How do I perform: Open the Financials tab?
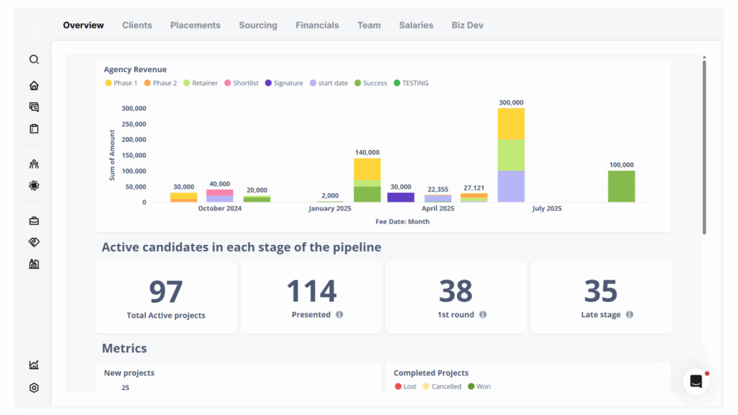[316, 25]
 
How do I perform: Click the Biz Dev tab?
[467, 25]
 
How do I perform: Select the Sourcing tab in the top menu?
[258, 25]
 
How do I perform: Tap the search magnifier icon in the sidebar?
[34, 60]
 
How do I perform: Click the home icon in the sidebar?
[34, 86]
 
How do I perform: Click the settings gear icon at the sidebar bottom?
[34, 388]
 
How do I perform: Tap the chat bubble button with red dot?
[696, 382]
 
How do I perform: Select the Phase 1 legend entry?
[121, 83]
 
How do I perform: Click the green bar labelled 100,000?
[621, 186]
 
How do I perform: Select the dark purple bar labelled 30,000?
[401, 197]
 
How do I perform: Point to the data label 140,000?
[367, 152]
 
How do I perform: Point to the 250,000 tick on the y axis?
[134, 124]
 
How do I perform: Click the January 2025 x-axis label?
[330, 208]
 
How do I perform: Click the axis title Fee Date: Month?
[402, 221]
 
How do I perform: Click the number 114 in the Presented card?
[311, 292]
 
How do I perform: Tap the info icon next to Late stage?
[629, 315]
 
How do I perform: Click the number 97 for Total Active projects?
[166, 292]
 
